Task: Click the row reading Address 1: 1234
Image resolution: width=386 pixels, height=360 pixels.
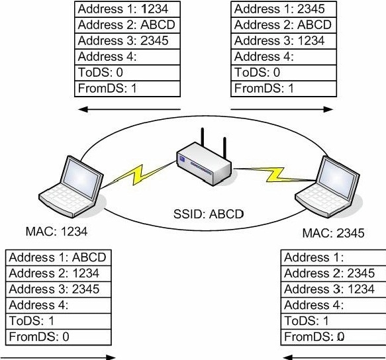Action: (x=127, y=9)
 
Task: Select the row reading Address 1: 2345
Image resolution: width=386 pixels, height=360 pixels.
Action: (x=283, y=9)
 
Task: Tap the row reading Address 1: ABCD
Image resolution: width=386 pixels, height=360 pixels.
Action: (x=58, y=257)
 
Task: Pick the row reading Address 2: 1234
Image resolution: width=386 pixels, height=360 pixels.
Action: (x=58, y=273)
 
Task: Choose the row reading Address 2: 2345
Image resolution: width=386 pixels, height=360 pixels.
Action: (x=333, y=273)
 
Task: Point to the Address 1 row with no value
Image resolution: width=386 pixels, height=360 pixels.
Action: (x=333, y=257)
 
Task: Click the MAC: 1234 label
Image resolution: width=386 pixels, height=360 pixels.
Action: (x=56, y=232)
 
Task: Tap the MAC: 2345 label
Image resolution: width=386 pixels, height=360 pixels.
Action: (x=333, y=233)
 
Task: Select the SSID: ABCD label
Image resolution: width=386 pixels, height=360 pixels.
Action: (x=209, y=214)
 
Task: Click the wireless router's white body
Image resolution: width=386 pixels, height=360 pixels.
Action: (x=204, y=163)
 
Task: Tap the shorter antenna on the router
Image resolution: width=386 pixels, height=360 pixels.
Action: (x=224, y=148)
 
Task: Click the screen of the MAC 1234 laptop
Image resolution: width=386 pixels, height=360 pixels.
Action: (x=82, y=177)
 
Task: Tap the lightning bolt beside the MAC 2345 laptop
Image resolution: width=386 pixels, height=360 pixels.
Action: (x=275, y=175)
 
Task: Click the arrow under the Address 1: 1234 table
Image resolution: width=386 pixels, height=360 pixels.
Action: (x=130, y=109)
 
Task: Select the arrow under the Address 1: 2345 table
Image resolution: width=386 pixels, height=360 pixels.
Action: (x=282, y=109)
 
